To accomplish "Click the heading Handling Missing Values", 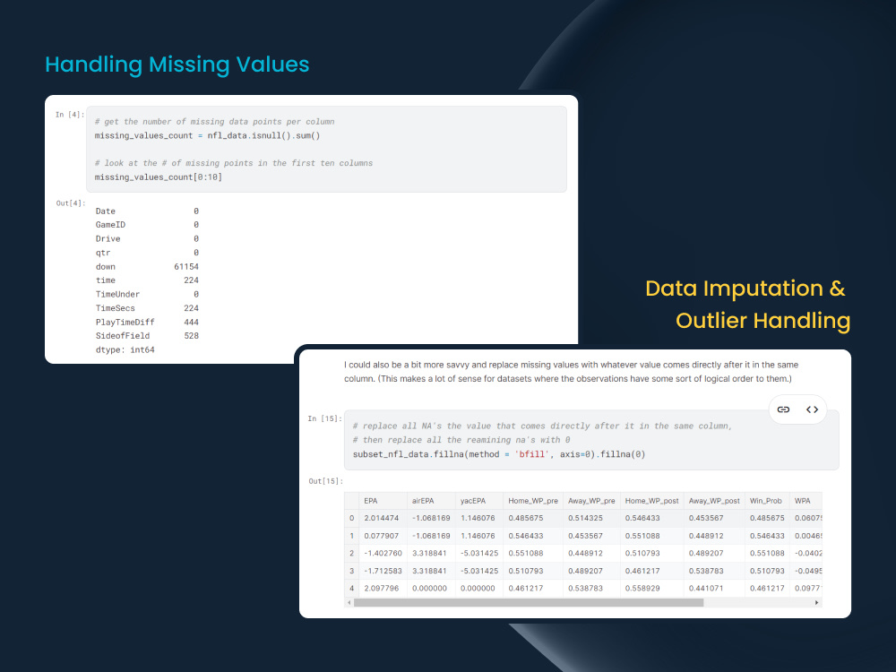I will [177, 65].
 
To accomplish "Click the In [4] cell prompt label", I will [70, 115].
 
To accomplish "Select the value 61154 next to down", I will [186, 267].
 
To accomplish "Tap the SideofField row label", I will [123, 336].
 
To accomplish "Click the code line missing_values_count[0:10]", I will [159, 177].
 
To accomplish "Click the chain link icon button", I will [783, 409].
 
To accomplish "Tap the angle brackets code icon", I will [812, 409].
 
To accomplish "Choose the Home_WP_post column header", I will [651, 502].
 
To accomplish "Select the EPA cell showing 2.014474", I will [382, 519].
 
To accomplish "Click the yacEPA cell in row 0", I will [478, 519].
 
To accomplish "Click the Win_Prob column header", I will [767, 502].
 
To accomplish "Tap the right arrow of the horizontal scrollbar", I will [816, 603].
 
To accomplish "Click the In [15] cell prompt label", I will [323, 418].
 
